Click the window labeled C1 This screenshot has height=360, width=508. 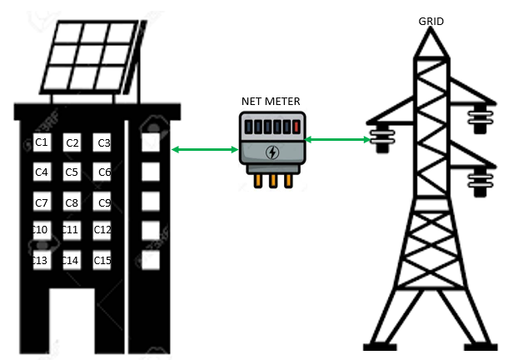42,143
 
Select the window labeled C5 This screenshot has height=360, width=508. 72,172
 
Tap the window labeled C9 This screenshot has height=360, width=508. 103,202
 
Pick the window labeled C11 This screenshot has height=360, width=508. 72,230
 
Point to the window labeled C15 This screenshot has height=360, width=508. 103,261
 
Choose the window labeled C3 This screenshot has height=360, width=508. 103,143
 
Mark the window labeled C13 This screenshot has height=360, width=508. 41,261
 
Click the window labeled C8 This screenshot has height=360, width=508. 72,202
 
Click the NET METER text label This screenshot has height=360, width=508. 271,102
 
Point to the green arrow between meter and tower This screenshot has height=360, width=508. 338,140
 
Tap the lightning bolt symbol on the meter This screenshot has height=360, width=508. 271,152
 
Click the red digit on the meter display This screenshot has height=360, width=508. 292,127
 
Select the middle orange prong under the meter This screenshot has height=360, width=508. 271,181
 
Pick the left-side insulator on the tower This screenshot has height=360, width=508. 381,137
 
